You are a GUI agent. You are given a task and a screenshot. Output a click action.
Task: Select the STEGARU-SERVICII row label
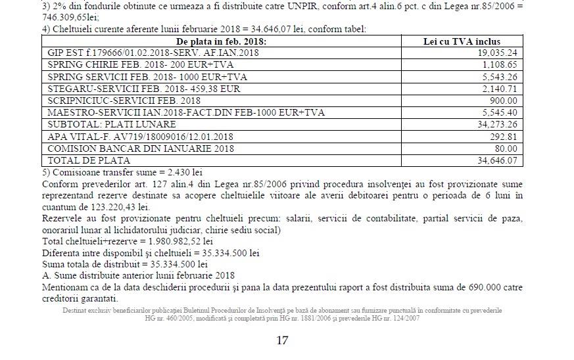click(x=144, y=89)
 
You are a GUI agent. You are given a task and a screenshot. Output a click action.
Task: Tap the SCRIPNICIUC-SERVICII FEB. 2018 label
click(x=124, y=101)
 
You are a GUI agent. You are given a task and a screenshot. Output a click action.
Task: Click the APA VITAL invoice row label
click(x=140, y=137)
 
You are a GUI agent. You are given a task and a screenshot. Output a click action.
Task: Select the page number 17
click(x=282, y=340)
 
